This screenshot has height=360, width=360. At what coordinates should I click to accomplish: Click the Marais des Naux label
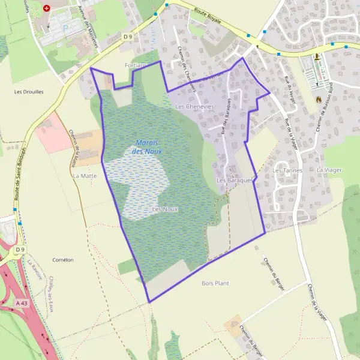[x=149, y=147]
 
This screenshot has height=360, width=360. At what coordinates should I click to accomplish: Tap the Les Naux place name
[x=165, y=209]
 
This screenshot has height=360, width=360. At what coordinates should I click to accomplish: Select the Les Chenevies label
[x=194, y=106]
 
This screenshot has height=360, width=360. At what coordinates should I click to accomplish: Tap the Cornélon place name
[x=63, y=260]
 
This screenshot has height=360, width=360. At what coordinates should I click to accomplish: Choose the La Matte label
[x=85, y=176]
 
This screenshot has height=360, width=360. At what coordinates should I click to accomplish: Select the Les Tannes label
[x=287, y=170]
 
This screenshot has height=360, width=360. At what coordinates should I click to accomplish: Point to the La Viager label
[x=329, y=170]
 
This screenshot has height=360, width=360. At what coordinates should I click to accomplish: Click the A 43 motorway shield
[x=22, y=303]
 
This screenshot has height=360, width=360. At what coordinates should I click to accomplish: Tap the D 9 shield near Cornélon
[x=20, y=250]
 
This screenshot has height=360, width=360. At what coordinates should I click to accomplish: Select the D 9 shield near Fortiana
[x=127, y=37]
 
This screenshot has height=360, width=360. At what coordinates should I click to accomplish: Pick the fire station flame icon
[x=319, y=100]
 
